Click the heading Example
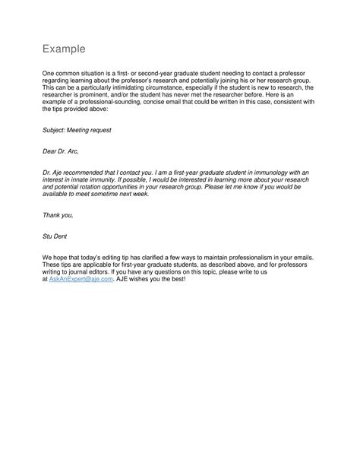(65, 50)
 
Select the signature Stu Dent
(56, 236)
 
